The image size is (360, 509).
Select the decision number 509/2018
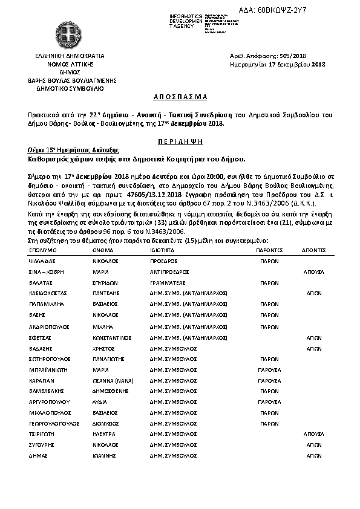pos(312,56)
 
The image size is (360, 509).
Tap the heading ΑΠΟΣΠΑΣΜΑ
pos(180,97)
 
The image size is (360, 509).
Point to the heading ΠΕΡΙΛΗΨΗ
pos(180,140)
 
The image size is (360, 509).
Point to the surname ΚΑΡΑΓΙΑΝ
pos(42,381)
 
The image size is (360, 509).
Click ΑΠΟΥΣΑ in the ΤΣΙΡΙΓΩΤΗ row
pos(313,433)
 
